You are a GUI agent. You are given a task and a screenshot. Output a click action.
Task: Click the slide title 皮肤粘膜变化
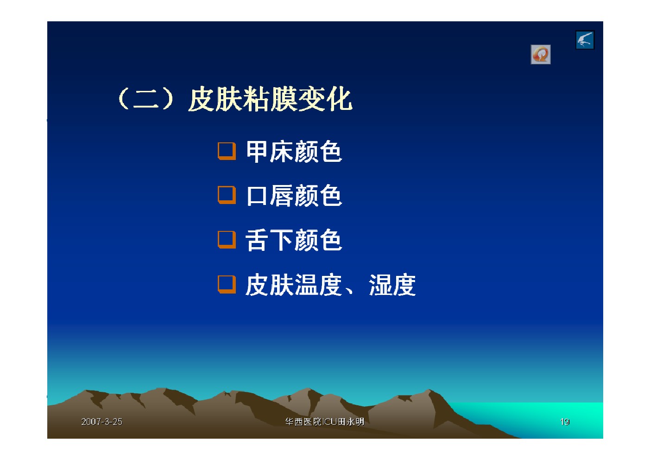(270, 99)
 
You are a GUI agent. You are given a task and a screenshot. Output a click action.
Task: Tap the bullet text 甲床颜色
(294, 151)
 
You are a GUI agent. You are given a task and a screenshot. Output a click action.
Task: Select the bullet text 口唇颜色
(294, 196)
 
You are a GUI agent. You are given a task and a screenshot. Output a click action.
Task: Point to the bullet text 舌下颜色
(293, 240)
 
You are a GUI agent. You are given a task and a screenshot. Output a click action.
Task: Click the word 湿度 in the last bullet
(392, 285)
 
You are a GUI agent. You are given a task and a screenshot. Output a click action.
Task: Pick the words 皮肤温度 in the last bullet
(294, 285)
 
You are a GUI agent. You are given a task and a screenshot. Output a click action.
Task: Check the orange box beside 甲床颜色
(227, 151)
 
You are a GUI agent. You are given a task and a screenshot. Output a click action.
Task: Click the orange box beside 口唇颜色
(227, 195)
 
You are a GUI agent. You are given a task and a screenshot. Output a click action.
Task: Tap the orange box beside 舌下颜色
(227, 240)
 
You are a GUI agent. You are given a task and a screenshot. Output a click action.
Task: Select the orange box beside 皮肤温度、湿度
(227, 285)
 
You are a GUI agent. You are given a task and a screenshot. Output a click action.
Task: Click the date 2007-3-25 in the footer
(102, 422)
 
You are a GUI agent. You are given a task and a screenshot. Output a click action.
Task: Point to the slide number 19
(564, 422)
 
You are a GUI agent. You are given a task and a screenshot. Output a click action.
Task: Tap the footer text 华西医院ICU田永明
(324, 422)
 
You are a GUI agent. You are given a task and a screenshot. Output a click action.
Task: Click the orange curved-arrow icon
(541, 55)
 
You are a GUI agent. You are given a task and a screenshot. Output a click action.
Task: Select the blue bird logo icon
(585, 40)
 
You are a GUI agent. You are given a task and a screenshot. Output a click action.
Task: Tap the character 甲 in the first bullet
(257, 151)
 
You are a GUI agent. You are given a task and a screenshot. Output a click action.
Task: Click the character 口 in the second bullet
(257, 196)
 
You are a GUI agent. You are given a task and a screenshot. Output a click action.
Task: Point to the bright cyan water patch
(551, 418)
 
